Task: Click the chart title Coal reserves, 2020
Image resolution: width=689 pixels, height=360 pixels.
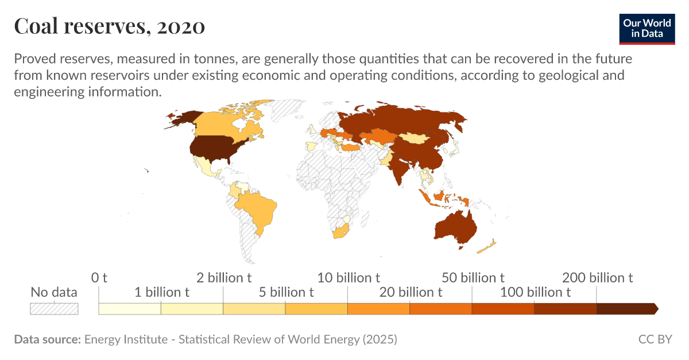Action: click(x=109, y=26)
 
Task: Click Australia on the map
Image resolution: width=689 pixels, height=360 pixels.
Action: click(x=455, y=227)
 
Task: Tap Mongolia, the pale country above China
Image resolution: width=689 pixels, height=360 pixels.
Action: click(x=412, y=138)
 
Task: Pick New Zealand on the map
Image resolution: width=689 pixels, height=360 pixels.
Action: click(x=487, y=247)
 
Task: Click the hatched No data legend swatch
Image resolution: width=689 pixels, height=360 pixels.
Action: click(x=54, y=308)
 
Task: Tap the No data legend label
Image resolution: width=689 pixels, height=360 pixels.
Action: click(x=54, y=292)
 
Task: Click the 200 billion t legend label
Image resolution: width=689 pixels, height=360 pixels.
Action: click(x=597, y=278)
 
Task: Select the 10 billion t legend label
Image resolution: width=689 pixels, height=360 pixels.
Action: click(x=348, y=278)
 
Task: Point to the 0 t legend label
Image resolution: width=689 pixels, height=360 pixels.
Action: click(x=99, y=278)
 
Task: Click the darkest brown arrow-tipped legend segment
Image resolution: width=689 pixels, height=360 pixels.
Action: click(x=626, y=309)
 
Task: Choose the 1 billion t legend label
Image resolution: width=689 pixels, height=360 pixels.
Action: click(x=161, y=292)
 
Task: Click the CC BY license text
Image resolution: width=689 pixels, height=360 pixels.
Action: click(x=655, y=339)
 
